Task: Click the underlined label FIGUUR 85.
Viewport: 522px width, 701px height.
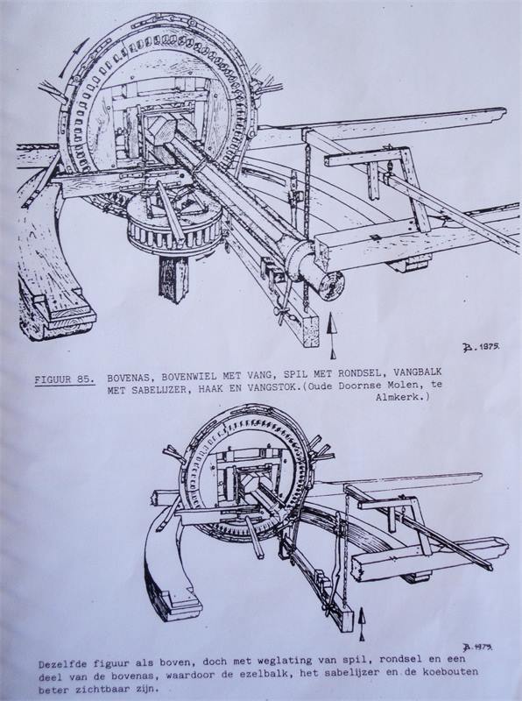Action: click(65, 380)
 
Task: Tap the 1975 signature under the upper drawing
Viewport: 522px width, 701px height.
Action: click(481, 347)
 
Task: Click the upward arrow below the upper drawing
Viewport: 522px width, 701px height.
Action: click(332, 335)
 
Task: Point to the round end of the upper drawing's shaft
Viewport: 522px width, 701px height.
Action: click(330, 285)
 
